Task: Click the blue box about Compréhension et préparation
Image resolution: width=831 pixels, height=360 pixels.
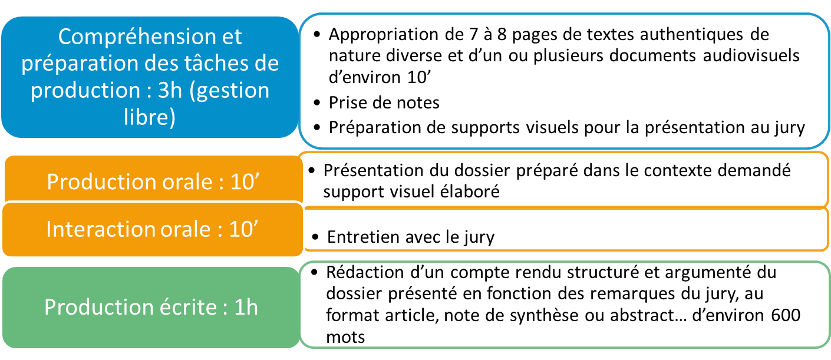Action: point(150,77)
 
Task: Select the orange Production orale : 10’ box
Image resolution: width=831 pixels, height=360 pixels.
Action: point(154,180)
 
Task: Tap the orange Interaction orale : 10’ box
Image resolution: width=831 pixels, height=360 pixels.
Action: point(153,229)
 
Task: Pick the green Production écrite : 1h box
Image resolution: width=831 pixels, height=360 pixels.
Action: point(151,308)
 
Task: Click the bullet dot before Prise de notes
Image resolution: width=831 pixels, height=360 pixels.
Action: point(317,103)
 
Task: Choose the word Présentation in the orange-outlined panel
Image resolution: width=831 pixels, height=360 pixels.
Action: point(373,170)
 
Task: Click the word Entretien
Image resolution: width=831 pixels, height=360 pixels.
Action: point(363,237)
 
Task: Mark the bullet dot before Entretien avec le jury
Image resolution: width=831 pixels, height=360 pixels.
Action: point(315,237)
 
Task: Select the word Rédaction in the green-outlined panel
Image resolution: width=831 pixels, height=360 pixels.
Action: point(365,272)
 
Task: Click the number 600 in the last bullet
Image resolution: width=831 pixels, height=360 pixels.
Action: point(786,315)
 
